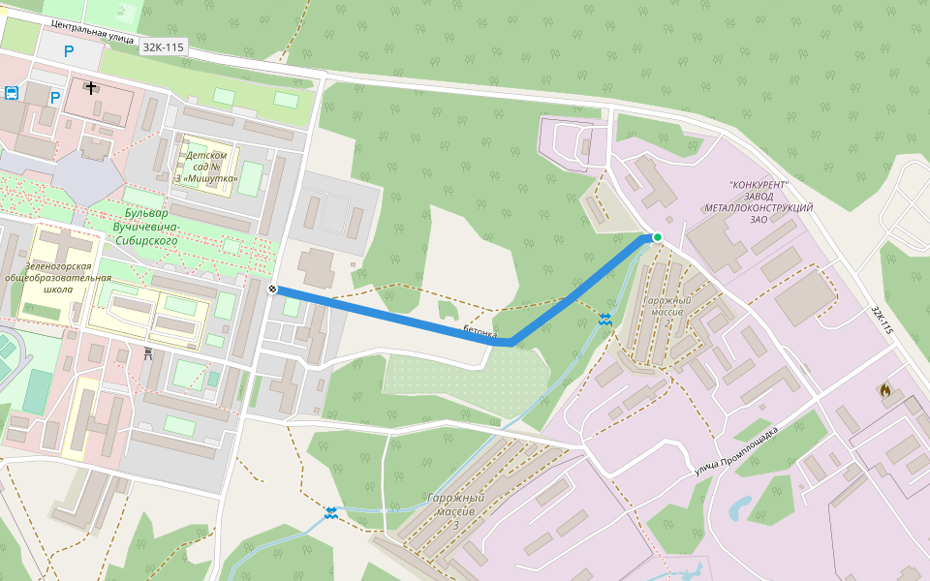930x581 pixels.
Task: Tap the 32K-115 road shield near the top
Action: click(163, 46)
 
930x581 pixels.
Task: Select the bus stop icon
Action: click(12, 93)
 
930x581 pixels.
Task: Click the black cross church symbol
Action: click(91, 88)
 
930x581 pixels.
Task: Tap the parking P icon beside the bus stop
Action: click(55, 97)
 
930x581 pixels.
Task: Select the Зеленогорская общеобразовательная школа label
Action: click(58, 278)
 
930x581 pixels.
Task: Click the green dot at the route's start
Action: click(657, 237)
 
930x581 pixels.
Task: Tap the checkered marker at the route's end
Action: click(273, 289)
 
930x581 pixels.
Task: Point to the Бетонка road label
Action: click(480, 332)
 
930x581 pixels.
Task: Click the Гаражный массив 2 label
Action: click(666, 306)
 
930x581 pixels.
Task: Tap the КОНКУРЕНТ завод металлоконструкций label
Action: click(759, 201)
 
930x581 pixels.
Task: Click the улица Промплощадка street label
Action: click(736, 452)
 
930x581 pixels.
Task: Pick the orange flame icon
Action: click(884, 389)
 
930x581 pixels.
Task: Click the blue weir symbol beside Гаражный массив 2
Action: click(605, 319)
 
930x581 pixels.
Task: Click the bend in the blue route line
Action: click(510, 342)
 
